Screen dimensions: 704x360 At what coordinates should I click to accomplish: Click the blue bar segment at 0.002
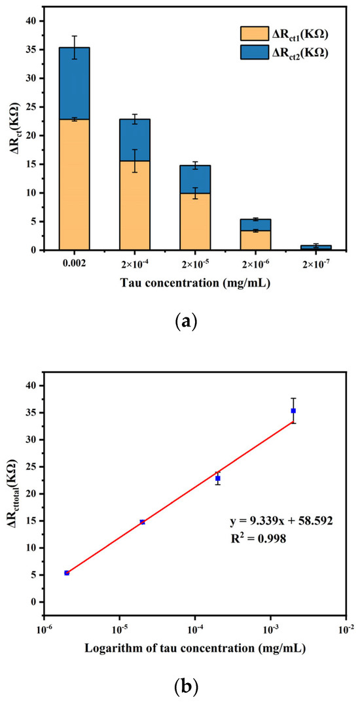(74, 83)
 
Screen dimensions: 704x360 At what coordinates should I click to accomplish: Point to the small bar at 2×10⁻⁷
(315, 247)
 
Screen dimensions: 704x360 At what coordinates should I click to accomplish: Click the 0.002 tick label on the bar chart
(74, 264)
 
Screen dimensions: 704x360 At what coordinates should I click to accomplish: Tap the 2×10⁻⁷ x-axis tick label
(315, 264)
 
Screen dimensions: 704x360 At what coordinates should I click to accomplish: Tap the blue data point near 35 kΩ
(293, 411)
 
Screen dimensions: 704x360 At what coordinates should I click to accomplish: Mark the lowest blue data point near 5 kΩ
(67, 572)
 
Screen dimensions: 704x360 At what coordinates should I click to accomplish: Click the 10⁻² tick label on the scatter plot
(346, 629)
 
